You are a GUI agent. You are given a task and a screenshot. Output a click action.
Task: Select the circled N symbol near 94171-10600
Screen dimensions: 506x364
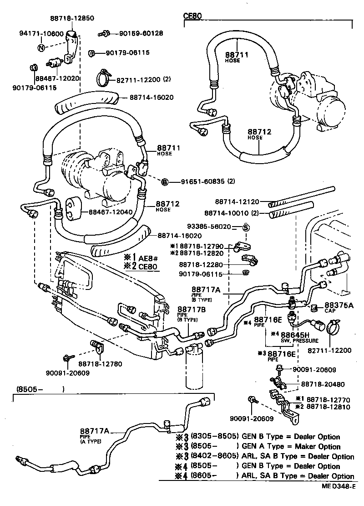[x=41, y=47]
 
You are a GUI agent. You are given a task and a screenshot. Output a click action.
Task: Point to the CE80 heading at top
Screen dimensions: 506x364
[x=192, y=15]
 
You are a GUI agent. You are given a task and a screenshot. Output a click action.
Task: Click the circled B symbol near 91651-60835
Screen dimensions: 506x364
[x=165, y=182]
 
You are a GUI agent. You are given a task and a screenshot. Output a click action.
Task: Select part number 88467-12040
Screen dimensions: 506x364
[x=109, y=212]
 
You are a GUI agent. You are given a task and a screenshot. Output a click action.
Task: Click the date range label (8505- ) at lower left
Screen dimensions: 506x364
[x=39, y=389]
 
